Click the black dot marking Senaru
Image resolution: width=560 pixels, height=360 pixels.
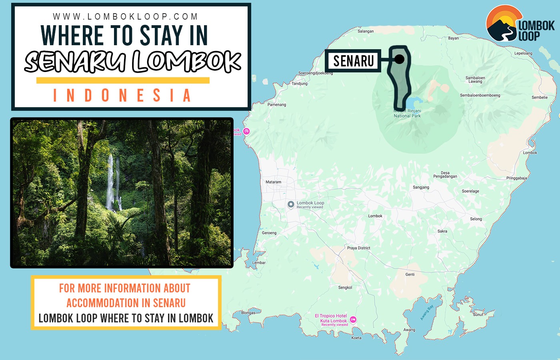(399, 59)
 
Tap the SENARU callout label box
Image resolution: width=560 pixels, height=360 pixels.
(353, 61)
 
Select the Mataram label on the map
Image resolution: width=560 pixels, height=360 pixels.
(273, 182)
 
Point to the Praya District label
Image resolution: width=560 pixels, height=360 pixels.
(358, 248)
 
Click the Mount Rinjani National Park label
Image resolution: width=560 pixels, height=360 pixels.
(407, 114)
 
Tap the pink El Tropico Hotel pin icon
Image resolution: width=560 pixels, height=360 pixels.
(353, 320)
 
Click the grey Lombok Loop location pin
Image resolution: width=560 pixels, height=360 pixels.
(291, 204)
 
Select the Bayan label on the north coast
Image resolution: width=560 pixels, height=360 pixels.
(453, 38)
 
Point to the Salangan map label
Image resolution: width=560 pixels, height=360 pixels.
(366, 31)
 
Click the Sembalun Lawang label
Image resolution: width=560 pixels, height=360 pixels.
(475, 80)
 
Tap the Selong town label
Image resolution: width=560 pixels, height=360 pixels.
(476, 219)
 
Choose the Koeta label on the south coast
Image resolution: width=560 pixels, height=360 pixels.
(356, 338)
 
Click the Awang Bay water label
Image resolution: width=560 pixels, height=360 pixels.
(426, 313)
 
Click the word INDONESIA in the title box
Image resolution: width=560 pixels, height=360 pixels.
(122, 96)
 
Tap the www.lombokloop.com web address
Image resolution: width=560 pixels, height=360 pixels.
(125, 17)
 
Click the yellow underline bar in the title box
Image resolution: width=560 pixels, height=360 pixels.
(123, 80)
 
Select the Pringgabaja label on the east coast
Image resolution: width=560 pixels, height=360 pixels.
(516, 178)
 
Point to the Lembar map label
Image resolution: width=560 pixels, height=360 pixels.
(259, 263)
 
